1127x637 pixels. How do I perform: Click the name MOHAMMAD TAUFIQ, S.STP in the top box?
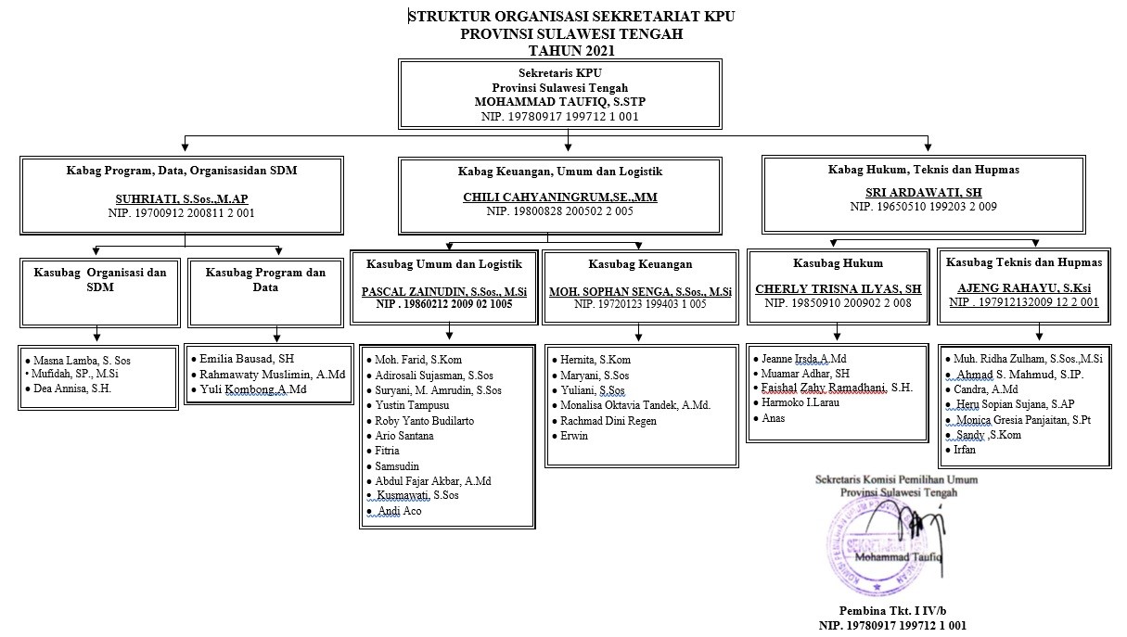[559, 102]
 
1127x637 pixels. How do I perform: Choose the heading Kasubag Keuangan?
[636, 264]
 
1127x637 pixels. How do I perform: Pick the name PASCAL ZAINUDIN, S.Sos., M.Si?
[444, 291]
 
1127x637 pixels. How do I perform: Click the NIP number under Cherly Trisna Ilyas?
[838, 303]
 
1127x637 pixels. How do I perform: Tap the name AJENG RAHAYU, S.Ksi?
[1023, 287]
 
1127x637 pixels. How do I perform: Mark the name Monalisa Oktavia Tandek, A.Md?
[634, 405]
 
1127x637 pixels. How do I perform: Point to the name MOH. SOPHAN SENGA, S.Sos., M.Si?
[638, 292]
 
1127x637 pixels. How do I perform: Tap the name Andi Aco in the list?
[400, 511]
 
